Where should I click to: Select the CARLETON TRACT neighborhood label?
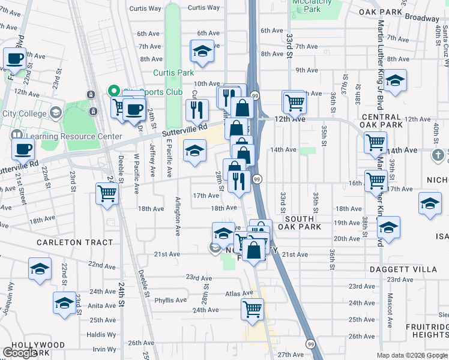click(74, 242)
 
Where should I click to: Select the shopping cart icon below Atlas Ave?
click(252, 310)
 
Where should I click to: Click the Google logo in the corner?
click(20, 352)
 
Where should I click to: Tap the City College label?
click(24, 113)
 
